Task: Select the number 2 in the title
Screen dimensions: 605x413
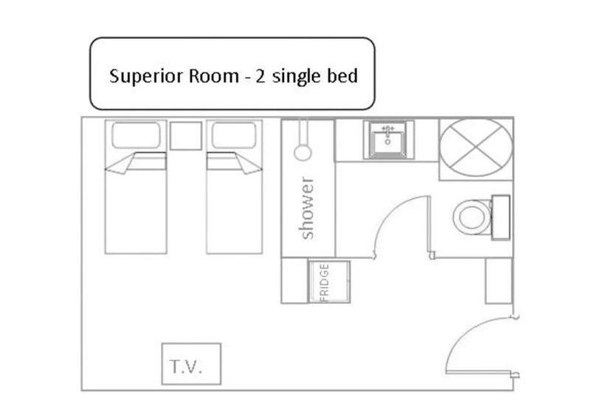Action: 260,76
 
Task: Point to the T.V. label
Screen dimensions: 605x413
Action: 186,367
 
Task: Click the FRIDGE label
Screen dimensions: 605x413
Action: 325,282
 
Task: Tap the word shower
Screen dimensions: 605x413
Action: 307,208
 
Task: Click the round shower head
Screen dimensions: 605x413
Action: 302,153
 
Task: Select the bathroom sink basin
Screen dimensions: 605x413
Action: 388,140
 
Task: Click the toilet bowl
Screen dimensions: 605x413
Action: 472,217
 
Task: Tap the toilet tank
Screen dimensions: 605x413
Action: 501,218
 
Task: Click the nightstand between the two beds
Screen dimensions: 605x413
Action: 186,136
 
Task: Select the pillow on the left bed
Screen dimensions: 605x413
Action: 136,135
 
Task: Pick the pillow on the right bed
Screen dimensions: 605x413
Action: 234,135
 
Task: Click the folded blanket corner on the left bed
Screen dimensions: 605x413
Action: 120,164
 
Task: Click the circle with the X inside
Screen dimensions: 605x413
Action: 476,148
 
